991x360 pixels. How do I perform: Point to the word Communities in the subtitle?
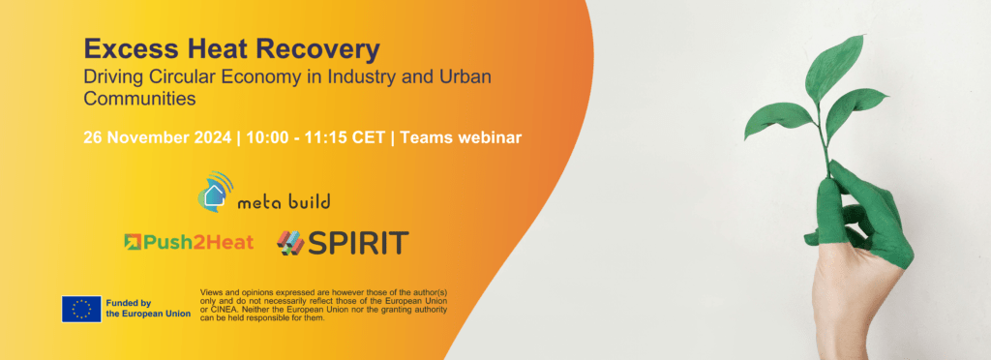[139, 99]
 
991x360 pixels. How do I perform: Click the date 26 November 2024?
[158, 137]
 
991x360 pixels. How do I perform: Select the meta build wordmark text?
[284, 201]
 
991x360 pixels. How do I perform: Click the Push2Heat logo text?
[197, 242]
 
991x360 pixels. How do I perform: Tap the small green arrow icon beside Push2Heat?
[132, 242]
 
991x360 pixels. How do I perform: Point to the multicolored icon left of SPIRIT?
[290, 244]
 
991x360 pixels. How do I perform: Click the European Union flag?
[81, 309]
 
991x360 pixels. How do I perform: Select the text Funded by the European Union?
[148, 308]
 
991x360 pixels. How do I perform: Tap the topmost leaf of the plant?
[833, 65]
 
